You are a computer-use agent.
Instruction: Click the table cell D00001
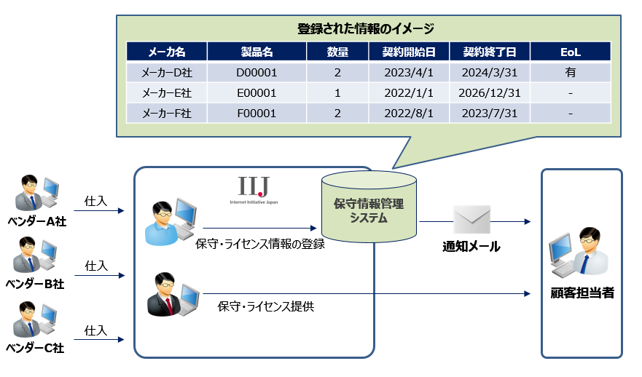(x=257, y=73)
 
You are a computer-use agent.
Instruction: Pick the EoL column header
(x=570, y=52)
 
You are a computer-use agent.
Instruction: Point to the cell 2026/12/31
(x=490, y=93)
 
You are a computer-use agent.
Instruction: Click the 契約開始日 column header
(x=408, y=52)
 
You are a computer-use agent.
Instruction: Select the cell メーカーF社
(x=166, y=114)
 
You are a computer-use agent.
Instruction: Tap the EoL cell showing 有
(x=570, y=73)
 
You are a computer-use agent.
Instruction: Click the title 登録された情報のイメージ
(x=366, y=29)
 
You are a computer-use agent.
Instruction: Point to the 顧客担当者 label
(x=582, y=294)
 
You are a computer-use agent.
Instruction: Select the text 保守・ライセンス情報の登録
(x=259, y=245)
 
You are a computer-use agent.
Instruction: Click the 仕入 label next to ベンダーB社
(x=96, y=266)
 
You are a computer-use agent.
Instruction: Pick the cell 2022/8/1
(x=408, y=114)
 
